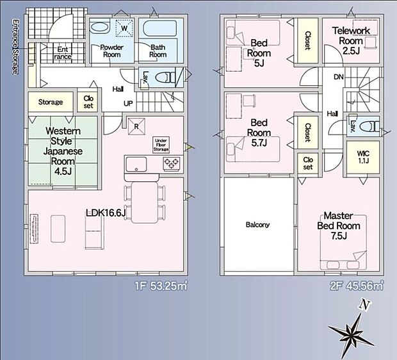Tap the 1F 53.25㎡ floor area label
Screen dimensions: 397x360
click(x=161, y=286)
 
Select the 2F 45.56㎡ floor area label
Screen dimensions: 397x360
click(x=356, y=286)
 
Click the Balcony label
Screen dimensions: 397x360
click(x=257, y=224)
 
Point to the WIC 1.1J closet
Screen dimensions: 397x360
click(x=363, y=157)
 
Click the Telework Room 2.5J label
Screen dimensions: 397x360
click(x=351, y=40)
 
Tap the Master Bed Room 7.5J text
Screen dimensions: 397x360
click(x=339, y=225)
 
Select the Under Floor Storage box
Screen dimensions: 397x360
click(x=161, y=145)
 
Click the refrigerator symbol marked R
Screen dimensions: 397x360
click(x=136, y=126)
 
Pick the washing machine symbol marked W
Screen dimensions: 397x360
click(x=124, y=28)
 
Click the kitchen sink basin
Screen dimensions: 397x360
click(x=136, y=164)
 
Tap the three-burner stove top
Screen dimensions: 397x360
click(x=172, y=163)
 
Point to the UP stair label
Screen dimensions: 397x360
click(x=128, y=103)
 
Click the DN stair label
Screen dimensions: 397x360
click(x=339, y=77)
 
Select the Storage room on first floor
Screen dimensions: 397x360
click(x=51, y=102)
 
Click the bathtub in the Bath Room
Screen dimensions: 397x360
click(x=160, y=28)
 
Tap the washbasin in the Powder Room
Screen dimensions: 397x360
click(x=100, y=28)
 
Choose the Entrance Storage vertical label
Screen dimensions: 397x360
click(x=15, y=46)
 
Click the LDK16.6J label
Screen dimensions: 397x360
click(x=106, y=213)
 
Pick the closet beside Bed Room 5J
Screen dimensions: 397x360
click(x=307, y=40)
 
